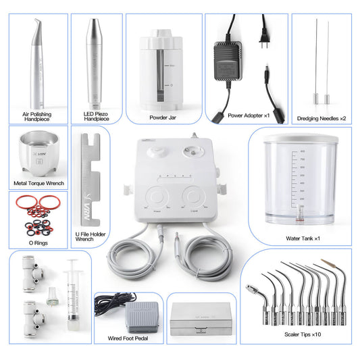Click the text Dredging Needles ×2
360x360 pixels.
(322, 119)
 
